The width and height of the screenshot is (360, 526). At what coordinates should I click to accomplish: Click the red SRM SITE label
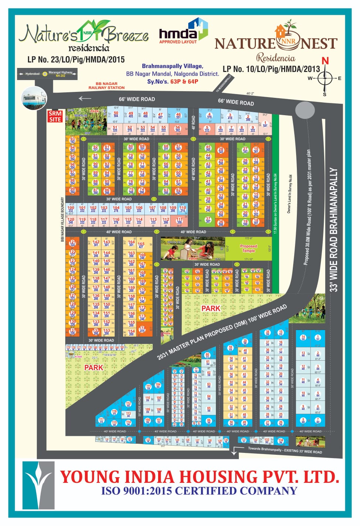tap(55, 116)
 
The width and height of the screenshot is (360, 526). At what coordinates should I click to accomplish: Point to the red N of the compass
tap(325, 61)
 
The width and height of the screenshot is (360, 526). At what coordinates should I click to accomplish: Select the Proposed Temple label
tap(248, 248)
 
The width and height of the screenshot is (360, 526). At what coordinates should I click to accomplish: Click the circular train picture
tap(34, 98)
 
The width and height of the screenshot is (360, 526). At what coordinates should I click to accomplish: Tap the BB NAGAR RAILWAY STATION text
tap(106, 86)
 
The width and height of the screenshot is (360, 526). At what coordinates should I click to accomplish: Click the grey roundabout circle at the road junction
tap(305, 110)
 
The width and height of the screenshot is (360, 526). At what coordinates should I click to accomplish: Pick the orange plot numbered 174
tap(142, 329)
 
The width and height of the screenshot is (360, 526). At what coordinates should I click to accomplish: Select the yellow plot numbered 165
tap(141, 245)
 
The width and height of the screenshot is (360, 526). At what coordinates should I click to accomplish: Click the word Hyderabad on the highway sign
tap(32, 74)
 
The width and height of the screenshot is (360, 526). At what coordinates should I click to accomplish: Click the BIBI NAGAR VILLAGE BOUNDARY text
tap(62, 219)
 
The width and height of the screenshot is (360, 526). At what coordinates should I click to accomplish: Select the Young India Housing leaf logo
tap(38, 485)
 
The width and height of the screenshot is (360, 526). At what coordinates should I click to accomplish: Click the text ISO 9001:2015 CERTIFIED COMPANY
tap(199, 491)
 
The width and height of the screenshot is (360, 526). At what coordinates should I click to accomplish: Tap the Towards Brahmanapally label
tap(285, 450)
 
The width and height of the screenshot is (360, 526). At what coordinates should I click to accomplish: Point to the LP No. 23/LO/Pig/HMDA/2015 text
tap(76, 60)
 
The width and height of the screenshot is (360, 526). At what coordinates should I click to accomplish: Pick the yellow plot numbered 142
tap(96, 243)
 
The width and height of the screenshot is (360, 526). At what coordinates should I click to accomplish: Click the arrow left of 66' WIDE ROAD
tap(85, 99)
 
